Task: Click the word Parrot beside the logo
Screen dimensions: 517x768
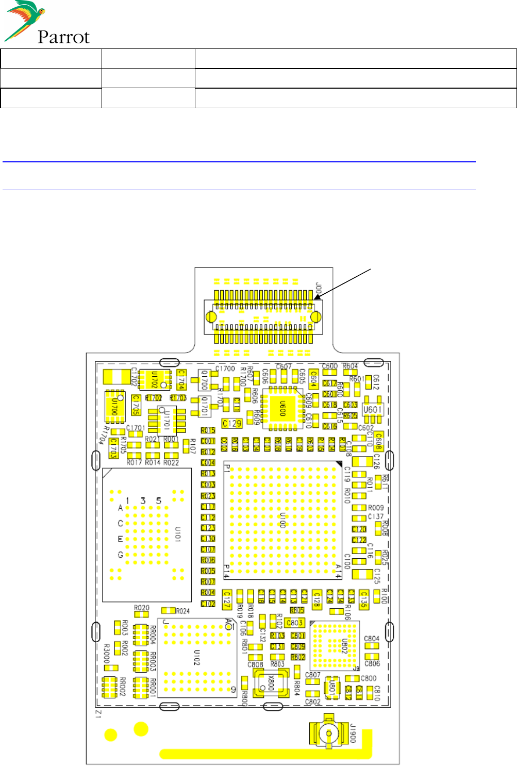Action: (63, 37)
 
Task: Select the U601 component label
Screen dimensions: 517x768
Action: (372, 410)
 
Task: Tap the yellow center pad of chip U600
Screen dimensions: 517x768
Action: (282, 409)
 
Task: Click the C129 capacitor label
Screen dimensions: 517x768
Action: (232, 423)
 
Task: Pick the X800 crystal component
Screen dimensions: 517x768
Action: (270, 683)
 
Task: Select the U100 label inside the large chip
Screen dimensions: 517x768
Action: (282, 520)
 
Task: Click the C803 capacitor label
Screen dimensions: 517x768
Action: (294, 623)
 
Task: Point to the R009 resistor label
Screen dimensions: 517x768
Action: (376, 508)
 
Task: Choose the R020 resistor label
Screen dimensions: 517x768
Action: (142, 608)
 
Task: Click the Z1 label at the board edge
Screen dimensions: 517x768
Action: (98, 714)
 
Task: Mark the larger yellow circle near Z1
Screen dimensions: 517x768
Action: (141, 729)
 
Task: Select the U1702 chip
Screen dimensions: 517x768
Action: (155, 380)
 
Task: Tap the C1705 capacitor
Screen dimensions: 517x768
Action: (136, 405)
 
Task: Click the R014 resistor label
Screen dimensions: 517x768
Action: (153, 462)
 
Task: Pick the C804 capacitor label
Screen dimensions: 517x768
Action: (372, 639)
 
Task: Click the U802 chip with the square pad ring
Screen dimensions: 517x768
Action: (335, 645)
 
